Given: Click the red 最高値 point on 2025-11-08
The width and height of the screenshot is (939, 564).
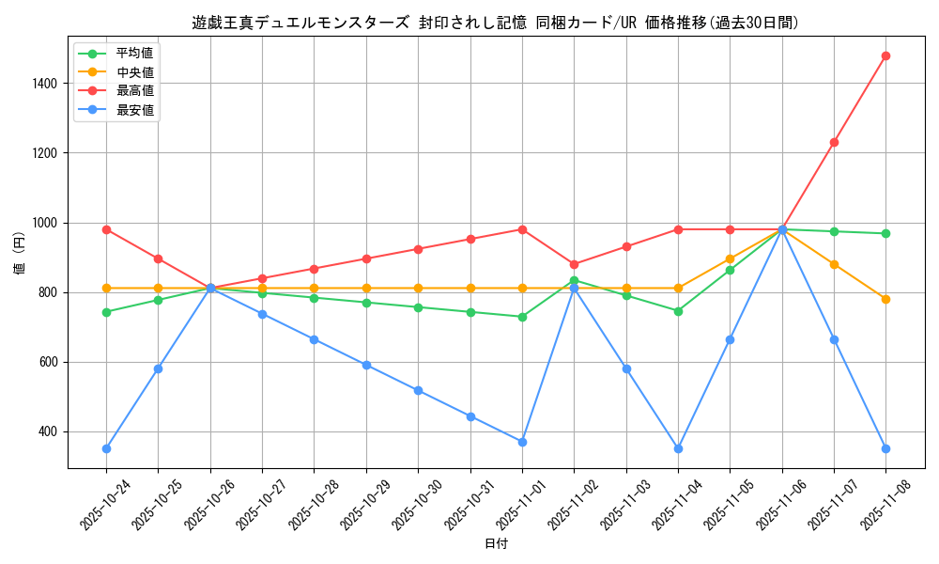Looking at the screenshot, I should coord(885,55).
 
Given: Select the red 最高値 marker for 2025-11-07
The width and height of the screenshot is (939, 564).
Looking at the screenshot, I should coord(834,142).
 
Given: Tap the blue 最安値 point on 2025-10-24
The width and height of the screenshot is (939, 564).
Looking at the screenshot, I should coord(106,448).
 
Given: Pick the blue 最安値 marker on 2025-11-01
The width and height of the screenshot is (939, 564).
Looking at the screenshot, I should coord(522,442).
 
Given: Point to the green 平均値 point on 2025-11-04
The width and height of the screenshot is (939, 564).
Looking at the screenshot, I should coord(678,311).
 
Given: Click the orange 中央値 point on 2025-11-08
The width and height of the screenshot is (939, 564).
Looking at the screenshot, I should coord(885,299).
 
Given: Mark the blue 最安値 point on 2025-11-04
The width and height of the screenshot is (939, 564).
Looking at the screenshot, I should coord(678,448).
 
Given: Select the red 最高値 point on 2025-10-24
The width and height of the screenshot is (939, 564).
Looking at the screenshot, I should coord(106,229).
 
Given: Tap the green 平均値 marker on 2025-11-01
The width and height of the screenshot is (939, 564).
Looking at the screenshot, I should coord(522,317).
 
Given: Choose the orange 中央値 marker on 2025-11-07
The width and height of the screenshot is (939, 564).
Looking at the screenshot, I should coord(834,264).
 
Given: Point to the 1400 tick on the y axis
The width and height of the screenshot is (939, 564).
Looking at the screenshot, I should coord(43,84).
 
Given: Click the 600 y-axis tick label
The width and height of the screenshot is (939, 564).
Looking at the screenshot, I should coord(47,362).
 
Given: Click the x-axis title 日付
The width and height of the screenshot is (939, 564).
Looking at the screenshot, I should coord(496,544).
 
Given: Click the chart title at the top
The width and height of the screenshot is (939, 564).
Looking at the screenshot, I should coord(496,23).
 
